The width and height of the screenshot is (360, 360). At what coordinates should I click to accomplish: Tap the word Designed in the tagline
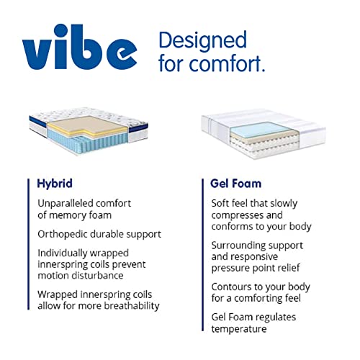(202, 40)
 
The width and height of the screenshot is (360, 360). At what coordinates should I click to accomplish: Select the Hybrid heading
(55, 183)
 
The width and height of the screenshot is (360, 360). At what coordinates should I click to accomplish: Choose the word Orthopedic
(63, 234)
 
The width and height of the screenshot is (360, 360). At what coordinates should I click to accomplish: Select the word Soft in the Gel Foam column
(221, 202)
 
